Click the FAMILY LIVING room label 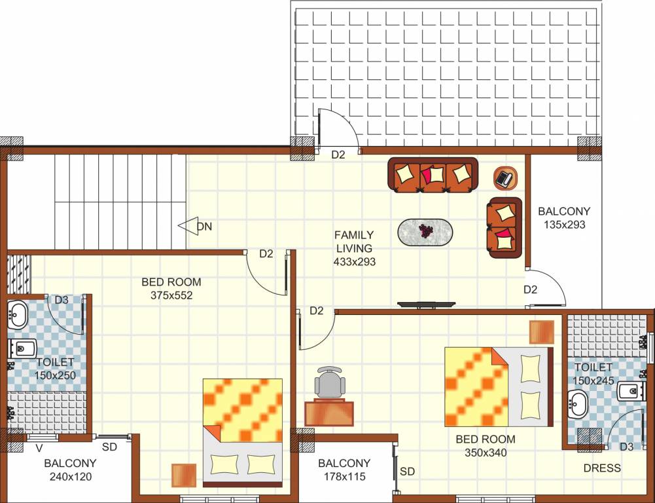click(354, 242)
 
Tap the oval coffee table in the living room click(425, 231)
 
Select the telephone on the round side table click(505, 177)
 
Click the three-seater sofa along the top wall click(433, 175)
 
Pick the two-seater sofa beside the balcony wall click(505, 227)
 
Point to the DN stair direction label click(204, 227)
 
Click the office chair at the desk click(330, 382)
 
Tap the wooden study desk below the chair click(329, 413)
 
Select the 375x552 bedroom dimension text click(171, 295)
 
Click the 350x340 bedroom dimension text click(485, 452)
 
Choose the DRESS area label click(602, 468)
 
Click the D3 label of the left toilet click(62, 300)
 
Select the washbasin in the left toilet click(16, 315)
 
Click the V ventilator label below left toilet click(39, 449)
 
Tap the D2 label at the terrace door click(338, 155)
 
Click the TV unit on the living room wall click(427, 305)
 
